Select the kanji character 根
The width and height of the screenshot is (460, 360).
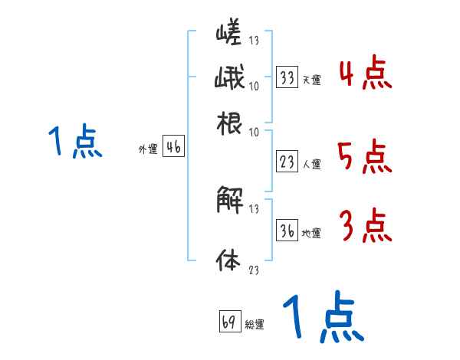[x=229, y=123]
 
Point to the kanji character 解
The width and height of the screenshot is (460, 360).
[x=229, y=201]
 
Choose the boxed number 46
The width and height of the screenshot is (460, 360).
[x=173, y=148]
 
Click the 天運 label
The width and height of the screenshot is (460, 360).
[x=311, y=79]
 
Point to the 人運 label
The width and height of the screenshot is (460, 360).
[x=311, y=164]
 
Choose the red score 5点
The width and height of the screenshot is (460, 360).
[x=365, y=158]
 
